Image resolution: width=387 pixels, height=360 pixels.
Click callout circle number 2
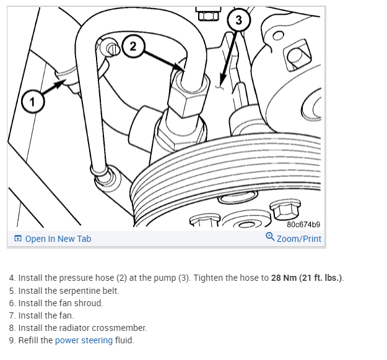(134, 45)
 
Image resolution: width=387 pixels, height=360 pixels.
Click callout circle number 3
(239, 20)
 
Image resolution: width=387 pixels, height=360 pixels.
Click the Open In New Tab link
(58, 239)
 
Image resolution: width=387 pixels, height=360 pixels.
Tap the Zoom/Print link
(298, 239)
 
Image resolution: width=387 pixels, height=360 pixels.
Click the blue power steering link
(84, 340)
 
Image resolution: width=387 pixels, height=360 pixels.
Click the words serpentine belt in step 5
(92, 290)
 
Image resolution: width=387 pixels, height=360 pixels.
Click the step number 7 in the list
(12, 315)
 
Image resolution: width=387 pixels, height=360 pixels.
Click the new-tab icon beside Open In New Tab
(18, 239)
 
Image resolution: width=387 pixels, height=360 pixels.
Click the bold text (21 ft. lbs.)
(321, 277)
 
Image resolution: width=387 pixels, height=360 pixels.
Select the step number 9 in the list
(12, 340)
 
